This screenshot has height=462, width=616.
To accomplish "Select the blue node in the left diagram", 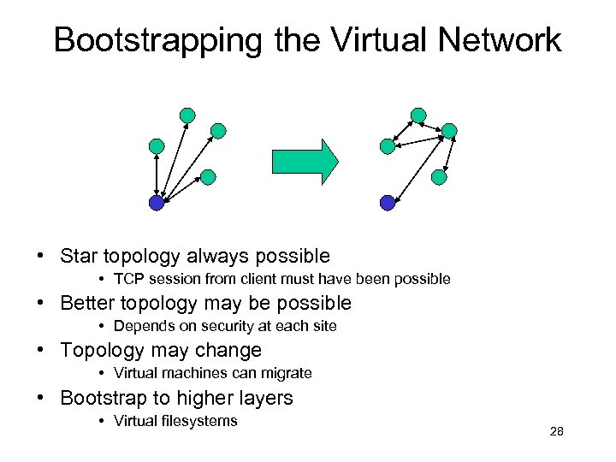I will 157,203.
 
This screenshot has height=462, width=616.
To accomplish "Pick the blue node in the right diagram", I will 388,203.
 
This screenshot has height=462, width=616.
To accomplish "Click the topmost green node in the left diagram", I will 187,115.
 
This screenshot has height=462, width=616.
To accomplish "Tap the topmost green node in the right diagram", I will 418,115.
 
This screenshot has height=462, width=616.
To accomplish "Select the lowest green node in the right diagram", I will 439,177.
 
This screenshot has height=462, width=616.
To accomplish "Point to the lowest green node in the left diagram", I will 208,177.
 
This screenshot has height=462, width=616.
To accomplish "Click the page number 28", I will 556,432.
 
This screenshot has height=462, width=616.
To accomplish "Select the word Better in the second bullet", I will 90,303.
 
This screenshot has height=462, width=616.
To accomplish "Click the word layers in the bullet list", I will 266,398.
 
